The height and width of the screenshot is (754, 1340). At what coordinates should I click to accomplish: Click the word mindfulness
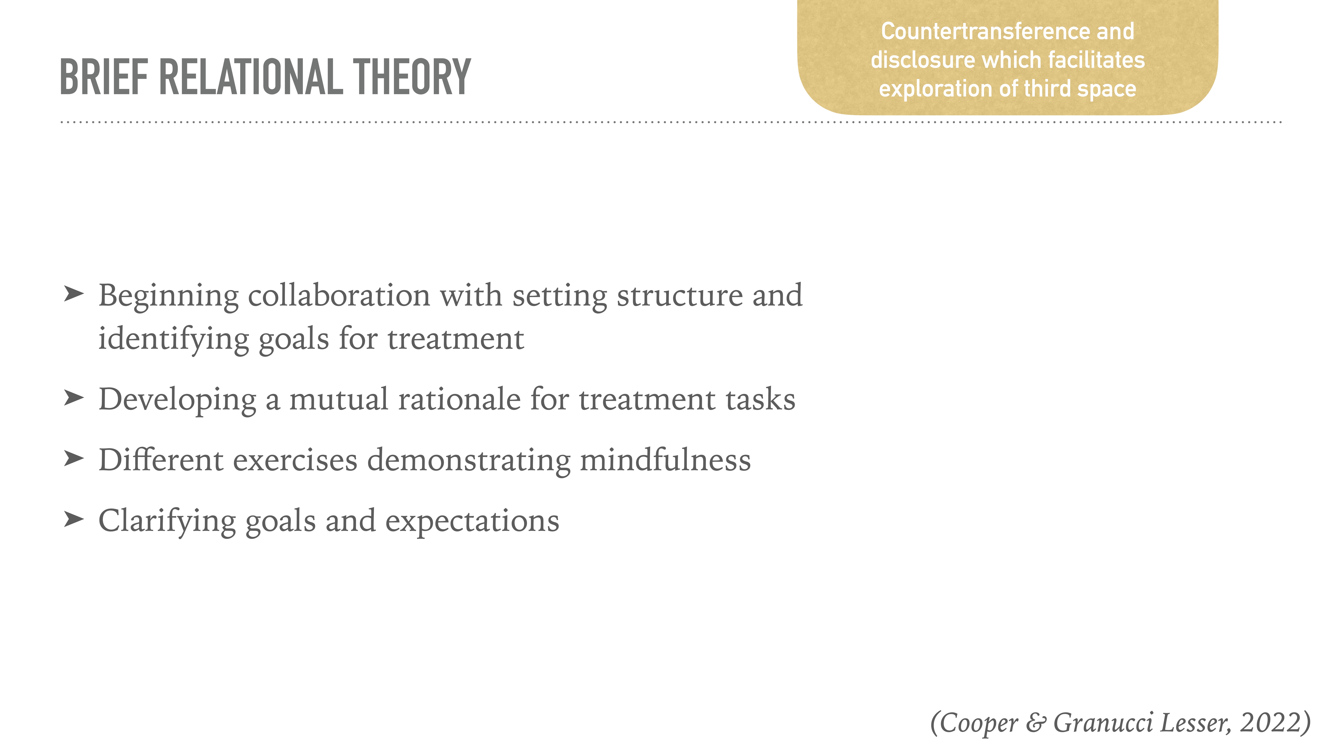[x=665, y=460]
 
